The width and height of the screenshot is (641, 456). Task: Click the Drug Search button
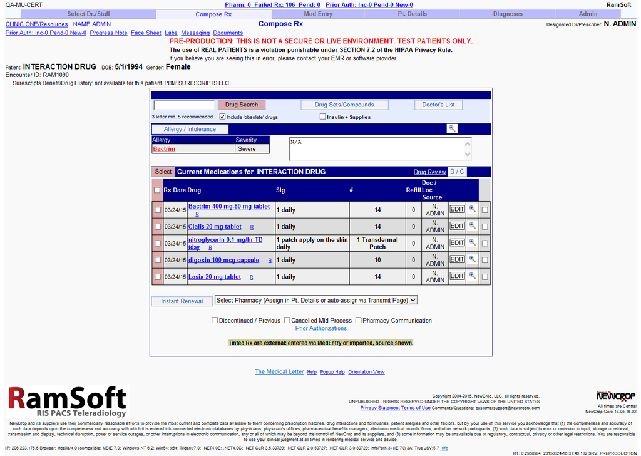pyautogui.click(x=242, y=105)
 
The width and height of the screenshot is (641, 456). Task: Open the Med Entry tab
pyautogui.click(x=318, y=14)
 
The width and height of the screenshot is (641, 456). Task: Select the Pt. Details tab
pyautogui.click(x=413, y=14)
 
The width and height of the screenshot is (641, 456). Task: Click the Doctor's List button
pyautogui.click(x=438, y=105)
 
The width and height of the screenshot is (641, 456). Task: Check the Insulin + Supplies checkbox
pyautogui.click(x=322, y=117)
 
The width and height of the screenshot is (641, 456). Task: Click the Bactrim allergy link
pyautogui.click(x=164, y=149)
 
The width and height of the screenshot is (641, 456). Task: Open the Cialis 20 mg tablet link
pyautogui.click(x=215, y=227)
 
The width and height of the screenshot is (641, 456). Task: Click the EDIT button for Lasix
pyautogui.click(x=458, y=276)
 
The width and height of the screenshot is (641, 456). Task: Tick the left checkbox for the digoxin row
pyautogui.click(x=158, y=260)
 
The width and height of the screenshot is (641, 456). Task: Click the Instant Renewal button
pyautogui.click(x=182, y=301)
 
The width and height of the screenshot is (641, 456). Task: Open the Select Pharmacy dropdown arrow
pyautogui.click(x=413, y=300)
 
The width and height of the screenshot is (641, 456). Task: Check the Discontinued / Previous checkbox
pyautogui.click(x=215, y=321)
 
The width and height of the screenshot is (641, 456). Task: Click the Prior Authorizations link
pyautogui.click(x=320, y=328)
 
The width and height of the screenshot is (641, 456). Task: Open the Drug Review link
pyautogui.click(x=429, y=172)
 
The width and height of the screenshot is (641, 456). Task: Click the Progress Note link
pyautogui.click(x=108, y=33)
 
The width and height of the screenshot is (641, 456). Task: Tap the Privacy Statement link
pyautogui.click(x=379, y=408)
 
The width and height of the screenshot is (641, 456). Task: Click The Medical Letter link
pyautogui.click(x=279, y=371)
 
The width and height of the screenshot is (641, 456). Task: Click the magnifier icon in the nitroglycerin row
pyautogui.click(x=473, y=243)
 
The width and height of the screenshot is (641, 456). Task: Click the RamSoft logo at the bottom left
pyautogui.click(x=67, y=401)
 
